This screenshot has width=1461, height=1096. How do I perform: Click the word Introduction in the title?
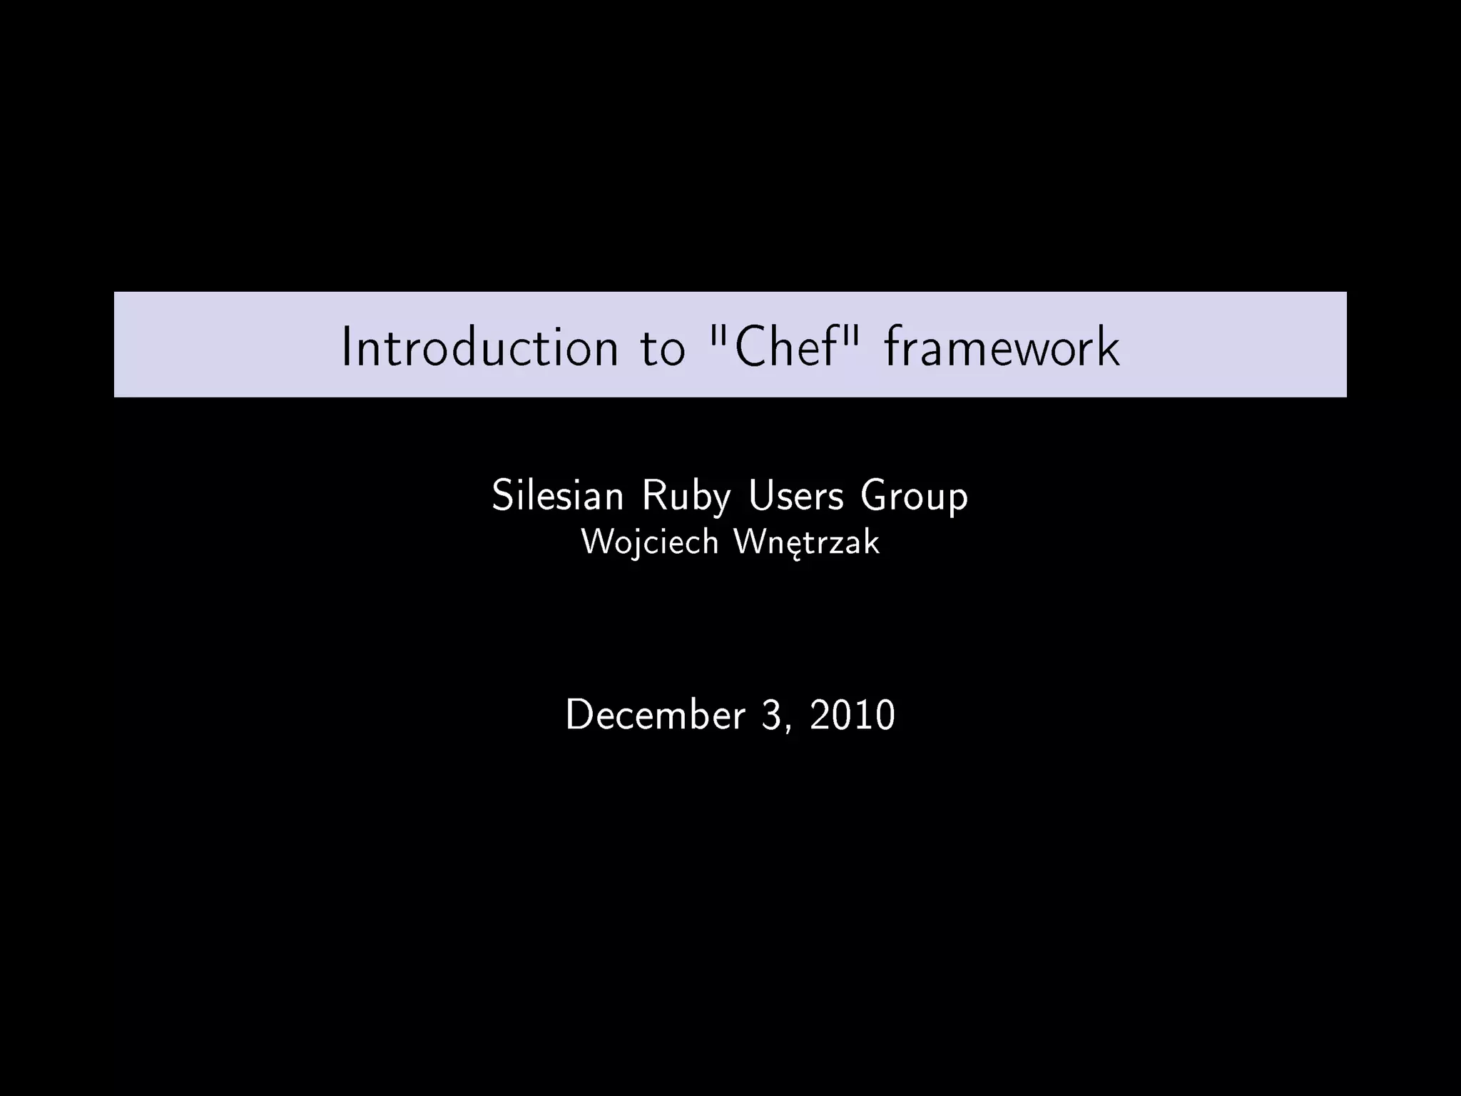click(x=479, y=347)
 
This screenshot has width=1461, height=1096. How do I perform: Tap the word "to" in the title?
click(x=663, y=347)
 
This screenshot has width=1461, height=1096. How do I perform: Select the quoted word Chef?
click(x=785, y=346)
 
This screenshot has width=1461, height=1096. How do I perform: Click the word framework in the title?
click(x=1002, y=347)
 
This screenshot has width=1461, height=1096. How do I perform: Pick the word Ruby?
click(x=686, y=497)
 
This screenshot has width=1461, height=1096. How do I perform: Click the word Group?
click(x=915, y=497)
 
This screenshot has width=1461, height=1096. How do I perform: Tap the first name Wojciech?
click(x=650, y=542)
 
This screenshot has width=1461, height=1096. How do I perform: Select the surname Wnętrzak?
click(x=807, y=542)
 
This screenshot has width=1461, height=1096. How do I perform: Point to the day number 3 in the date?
click(x=772, y=714)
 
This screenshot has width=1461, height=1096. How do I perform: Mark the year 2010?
click(x=852, y=714)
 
